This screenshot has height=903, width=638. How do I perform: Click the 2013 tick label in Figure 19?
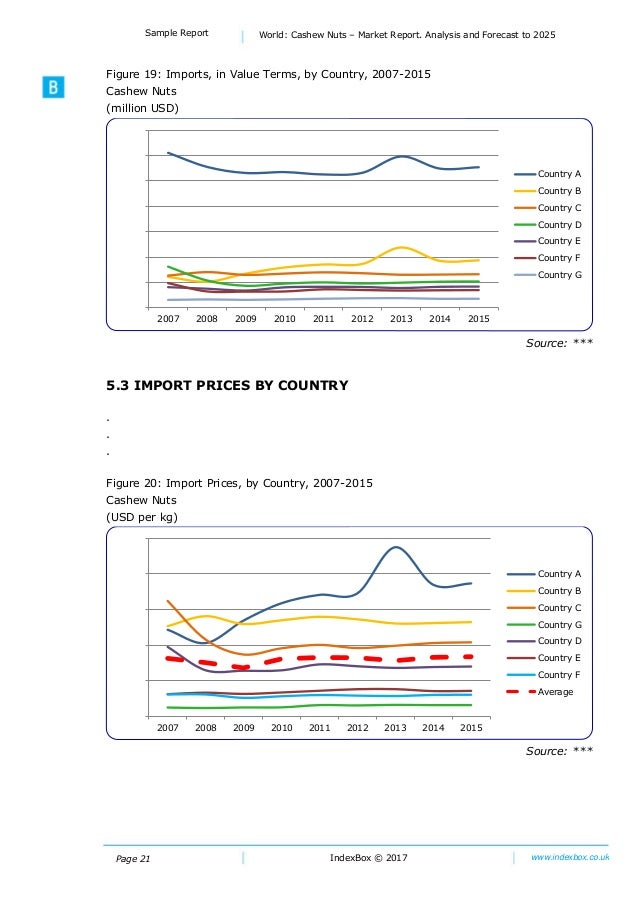click(x=401, y=319)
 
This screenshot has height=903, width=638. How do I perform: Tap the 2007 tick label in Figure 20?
click(x=167, y=727)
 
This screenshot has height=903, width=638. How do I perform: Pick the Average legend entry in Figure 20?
click(x=555, y=691)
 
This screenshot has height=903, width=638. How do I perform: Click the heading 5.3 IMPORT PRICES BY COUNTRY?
click(x=227, y=385)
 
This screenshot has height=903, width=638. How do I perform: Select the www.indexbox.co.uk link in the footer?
click(x=570, y=857)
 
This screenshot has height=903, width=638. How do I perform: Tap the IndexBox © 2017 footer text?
click(x=368, y=858)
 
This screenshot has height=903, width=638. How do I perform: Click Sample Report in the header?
click(x=177, y=33)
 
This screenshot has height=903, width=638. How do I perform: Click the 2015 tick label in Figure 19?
click(x=478, y=319)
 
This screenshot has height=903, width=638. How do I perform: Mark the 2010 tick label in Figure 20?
click(x=282, y=727)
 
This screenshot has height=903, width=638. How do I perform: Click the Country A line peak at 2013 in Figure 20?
click(x=396, y=547)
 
